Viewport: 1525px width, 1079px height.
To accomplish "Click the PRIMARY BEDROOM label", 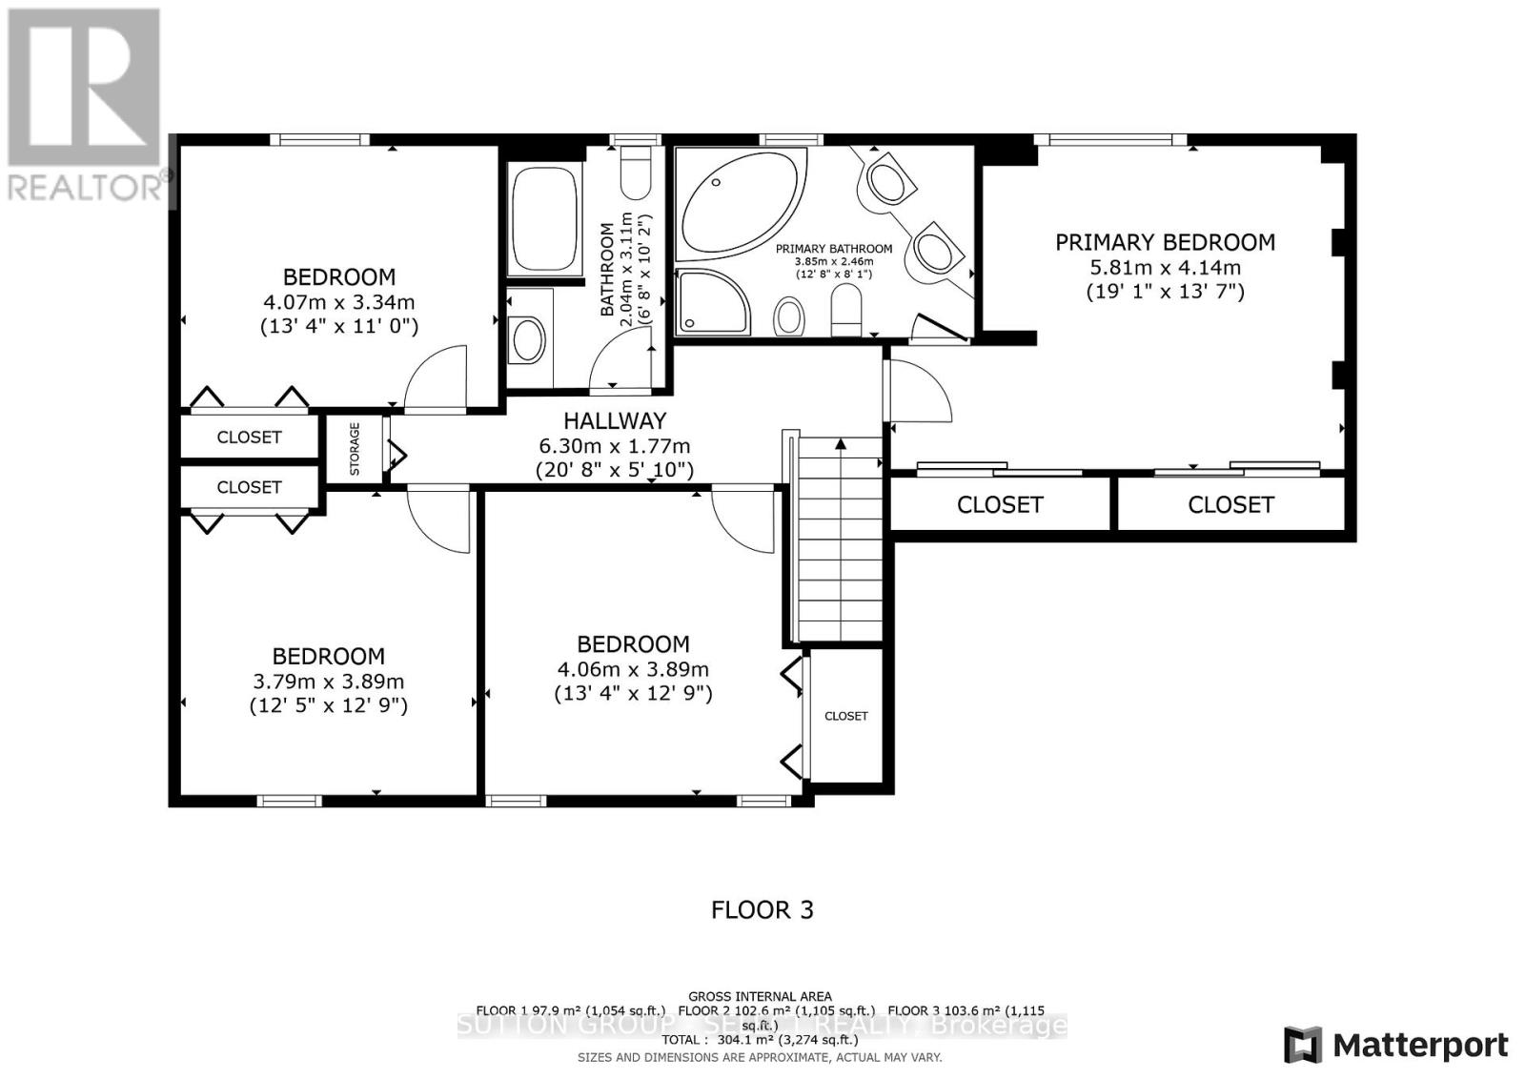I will coord(1164,243).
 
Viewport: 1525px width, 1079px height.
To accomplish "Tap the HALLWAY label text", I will coord(614,420).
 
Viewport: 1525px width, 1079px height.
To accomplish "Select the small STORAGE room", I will coord(354,449).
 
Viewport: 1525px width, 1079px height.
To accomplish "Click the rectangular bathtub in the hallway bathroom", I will coord(544,219).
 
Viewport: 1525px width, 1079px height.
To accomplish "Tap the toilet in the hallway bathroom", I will coord(635,172).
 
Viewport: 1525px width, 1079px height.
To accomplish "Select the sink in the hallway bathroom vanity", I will coord(528,338).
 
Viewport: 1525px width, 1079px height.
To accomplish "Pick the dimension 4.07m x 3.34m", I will coord(338,302).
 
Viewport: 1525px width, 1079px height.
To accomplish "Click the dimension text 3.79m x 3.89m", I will coord(328,682).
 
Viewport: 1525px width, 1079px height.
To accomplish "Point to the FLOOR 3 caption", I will coord(762,909).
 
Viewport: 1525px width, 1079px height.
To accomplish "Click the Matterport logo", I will coord(1395,1045).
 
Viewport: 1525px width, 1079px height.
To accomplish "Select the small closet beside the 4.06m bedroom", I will coord(846,715).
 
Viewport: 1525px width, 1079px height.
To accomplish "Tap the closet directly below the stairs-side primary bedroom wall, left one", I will coord(999,504).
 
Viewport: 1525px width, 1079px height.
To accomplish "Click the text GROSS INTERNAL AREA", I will coord(760,996).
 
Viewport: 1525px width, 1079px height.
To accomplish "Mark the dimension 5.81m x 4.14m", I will coord(1165,268).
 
